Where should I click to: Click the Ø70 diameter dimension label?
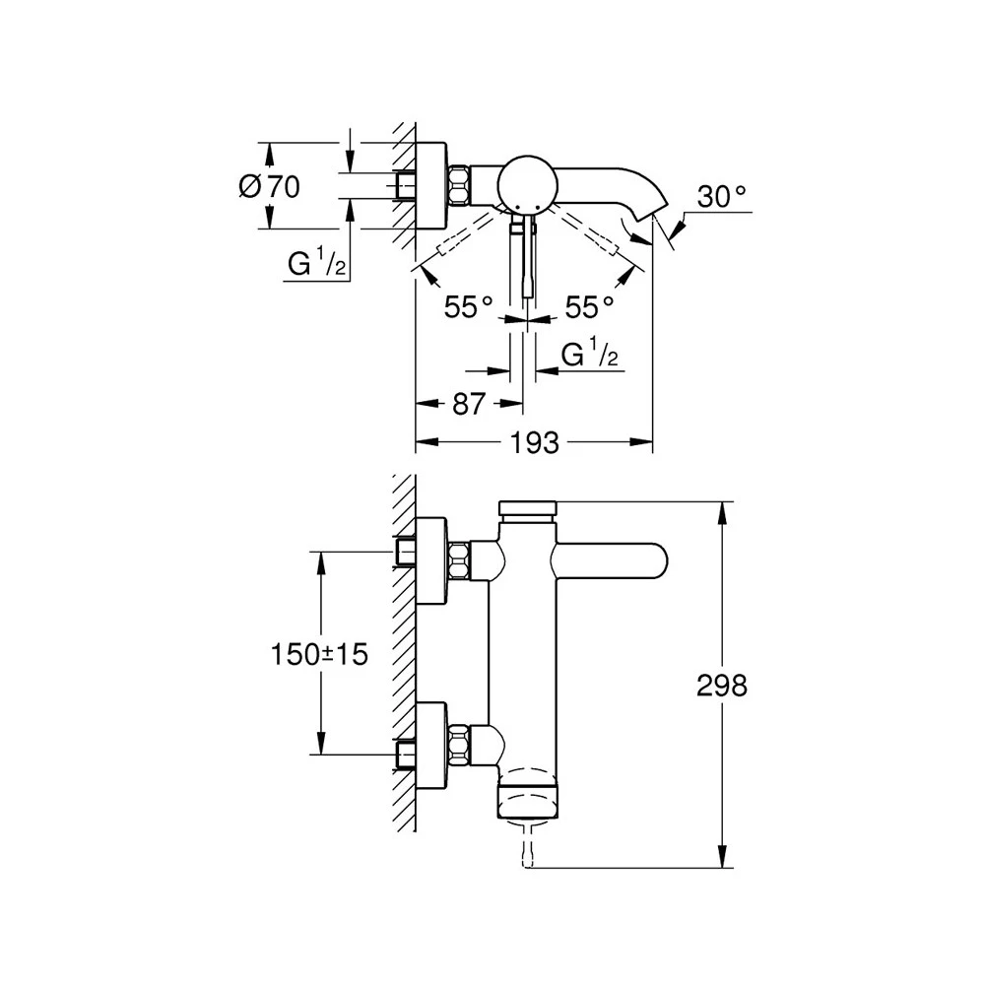[269, 185]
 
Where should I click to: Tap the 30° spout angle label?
[721, 197]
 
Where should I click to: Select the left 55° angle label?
[467, 308]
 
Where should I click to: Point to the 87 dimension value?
[468, 403]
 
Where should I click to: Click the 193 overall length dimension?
[534, 443]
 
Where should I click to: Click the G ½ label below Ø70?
[316, 264]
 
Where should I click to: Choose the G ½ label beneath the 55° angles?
[590, 355]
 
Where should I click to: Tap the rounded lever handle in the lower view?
[611, 564]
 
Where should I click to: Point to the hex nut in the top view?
[460, 184]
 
